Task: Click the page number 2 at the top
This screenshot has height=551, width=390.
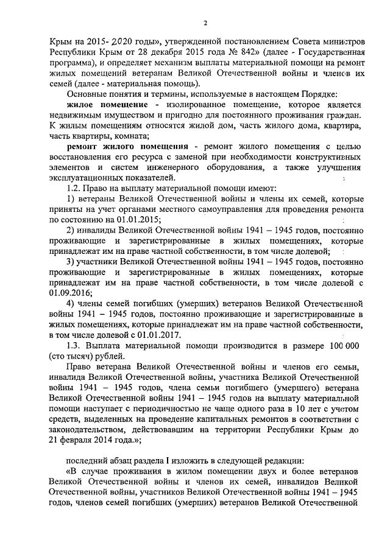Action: pyautogui.click(x=205, y=24)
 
